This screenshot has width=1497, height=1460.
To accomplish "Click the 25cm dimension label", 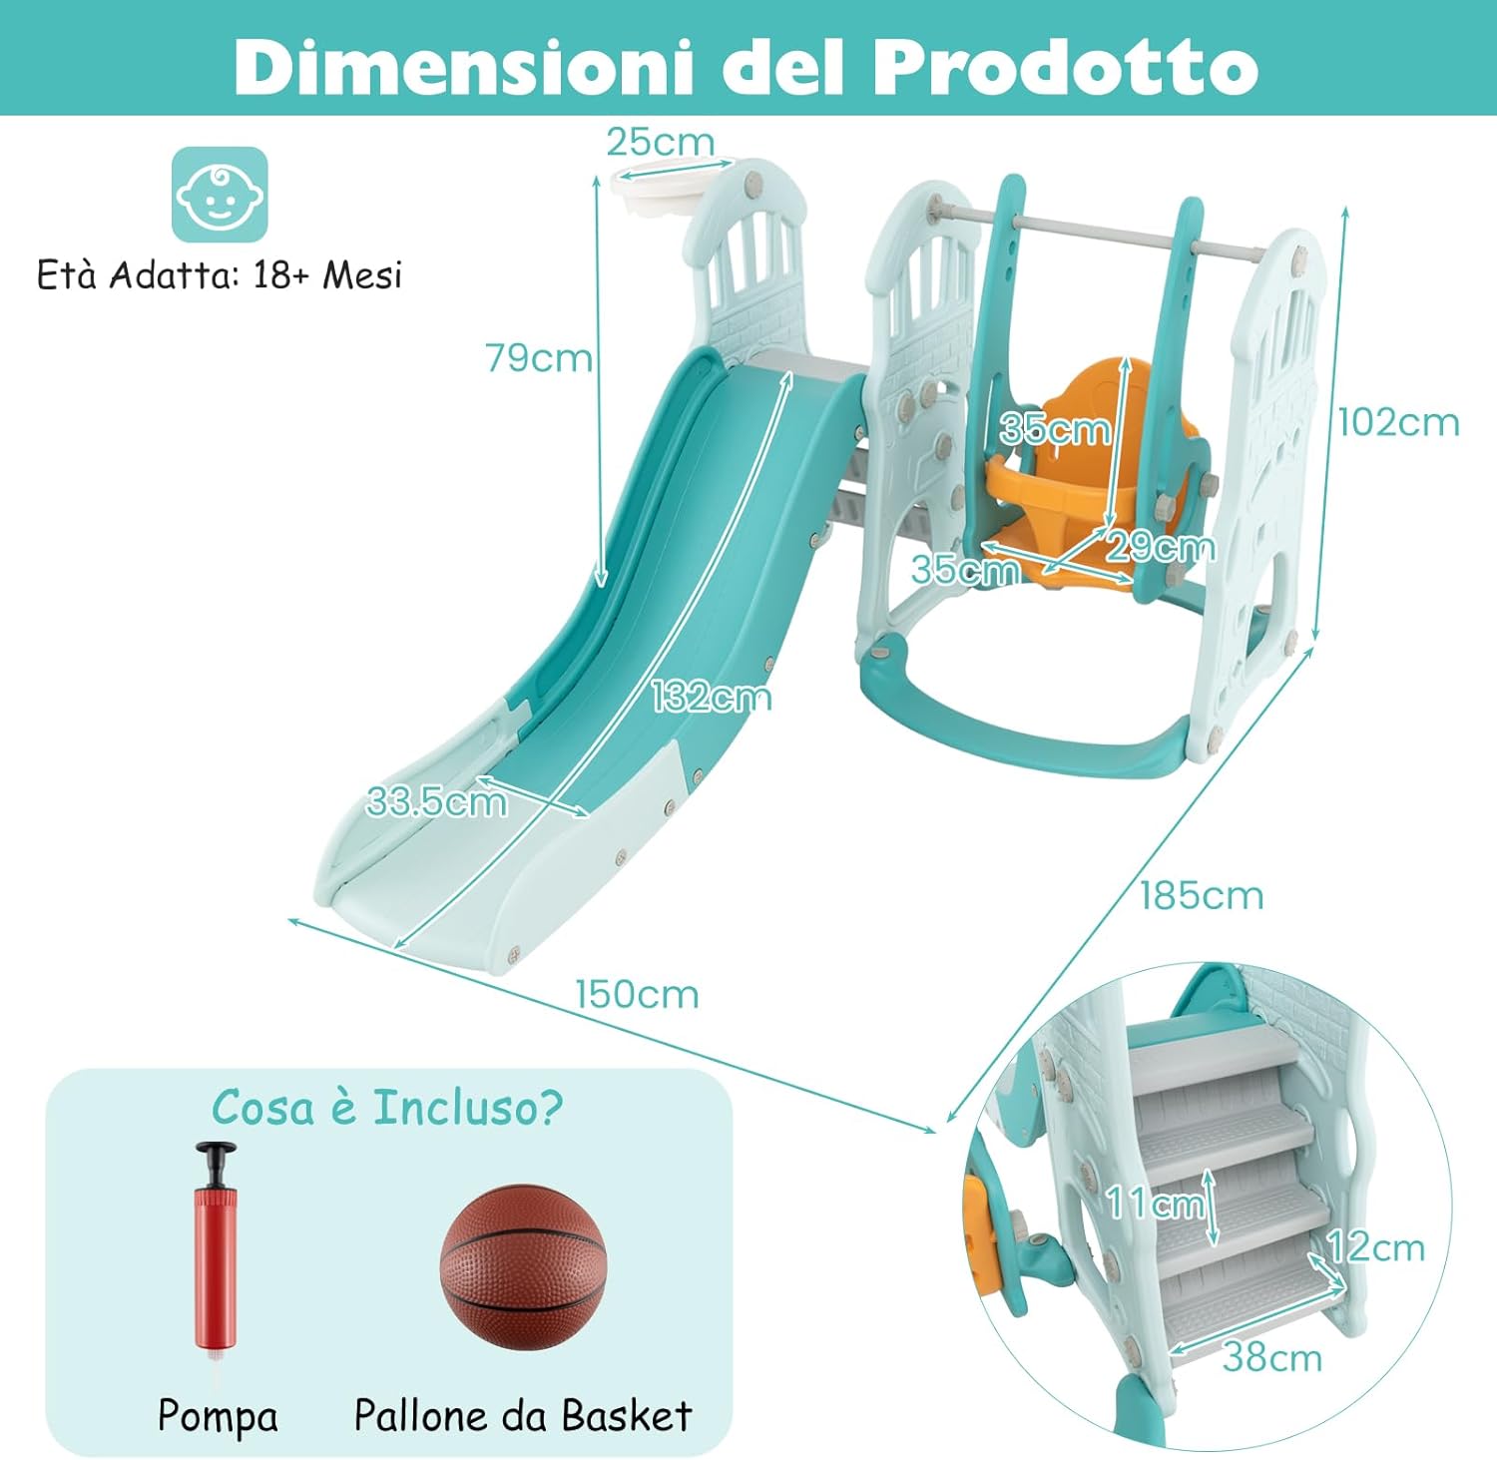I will [x=660, y=143].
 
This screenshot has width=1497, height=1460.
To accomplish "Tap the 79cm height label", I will [x=539, y=357].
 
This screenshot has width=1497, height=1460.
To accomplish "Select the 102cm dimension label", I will [x=1398, y=422].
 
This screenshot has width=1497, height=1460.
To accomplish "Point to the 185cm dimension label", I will [x=1202, y=895].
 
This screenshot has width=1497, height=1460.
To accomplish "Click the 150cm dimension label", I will [x=637, y=994].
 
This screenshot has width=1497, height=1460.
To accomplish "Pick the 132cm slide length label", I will [x=712, y=697].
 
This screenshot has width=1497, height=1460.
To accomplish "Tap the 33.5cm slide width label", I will [x=437, y=801].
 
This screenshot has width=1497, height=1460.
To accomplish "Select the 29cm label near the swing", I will [x=1161, y=547].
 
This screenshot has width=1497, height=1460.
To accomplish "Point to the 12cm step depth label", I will [x=1376, y=1247].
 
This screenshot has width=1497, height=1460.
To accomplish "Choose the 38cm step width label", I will [x=1272, y=1357].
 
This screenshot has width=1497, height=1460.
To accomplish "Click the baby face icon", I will [x=220, y=194].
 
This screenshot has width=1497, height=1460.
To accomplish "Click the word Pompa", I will [x=218, y=1416].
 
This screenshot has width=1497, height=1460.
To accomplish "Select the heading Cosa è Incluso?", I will [x=387, y=1108].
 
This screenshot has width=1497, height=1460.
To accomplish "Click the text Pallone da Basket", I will [x=523, y=1416].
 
